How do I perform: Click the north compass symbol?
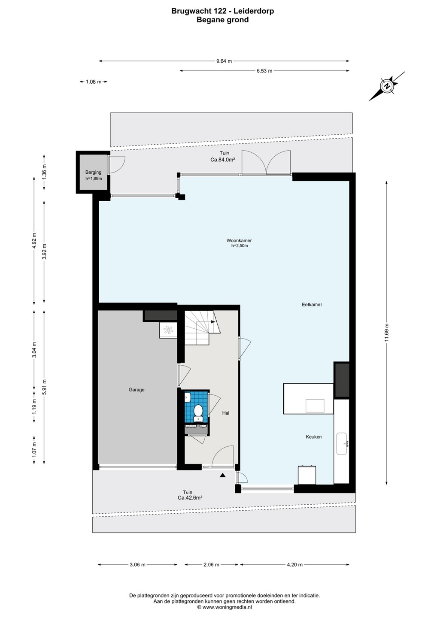pyautogui.click(x=387, y=86)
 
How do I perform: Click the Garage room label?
pyautogui.click(x=137, y=390)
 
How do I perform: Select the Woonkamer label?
pyautogui.click(x=239, y=240)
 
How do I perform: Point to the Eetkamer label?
pyautogui.click(x=312, y=305)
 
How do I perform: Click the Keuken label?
pyautogui.click(x=314, y=437)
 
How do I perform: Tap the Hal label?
pyautogui.click(x=226, y=413)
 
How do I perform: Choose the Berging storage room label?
pyautogui.click(x=93, y=172)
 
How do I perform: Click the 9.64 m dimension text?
pyautogui.click(x=224, y=61)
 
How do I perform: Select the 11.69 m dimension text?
pyautogui.click(x=386, y=333)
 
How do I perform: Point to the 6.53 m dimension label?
pyautogui.click(x=264, y=71)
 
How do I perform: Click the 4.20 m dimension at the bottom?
pyautogui.click(x=294, y=564)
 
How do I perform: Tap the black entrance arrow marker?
pyautogui.click(x=223, y=475)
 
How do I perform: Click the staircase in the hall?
pyautogui.click(x=203, y=328)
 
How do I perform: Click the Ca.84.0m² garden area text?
pyautogui.click(x=222, y=160)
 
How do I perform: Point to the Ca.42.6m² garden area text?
pyautogui.click(x=190, y=498)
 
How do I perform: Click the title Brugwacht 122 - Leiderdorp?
pyautogui.click(x=222, y=11)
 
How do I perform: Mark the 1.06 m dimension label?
pyautogui.click(x=94, y=82)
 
